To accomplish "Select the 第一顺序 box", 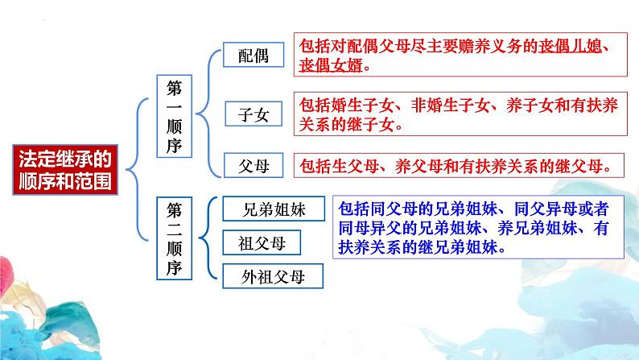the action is tap(175, 115).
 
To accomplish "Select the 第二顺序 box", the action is tap(175, 238).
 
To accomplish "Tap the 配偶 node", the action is tap(254, 55).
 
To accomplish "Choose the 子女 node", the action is tap(254, 114).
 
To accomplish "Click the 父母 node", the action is tap(254, 166).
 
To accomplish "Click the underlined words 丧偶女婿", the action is tap(328, 66).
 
